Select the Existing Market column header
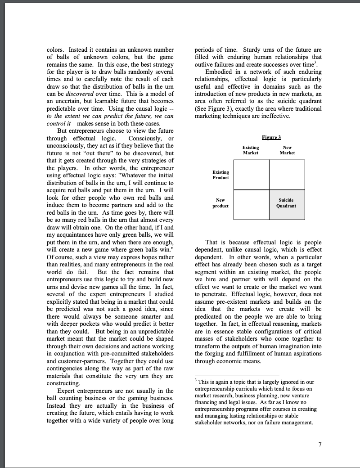[x=251, y=150]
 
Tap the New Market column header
[x=287, y=150]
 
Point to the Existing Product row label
[x=220, y=175]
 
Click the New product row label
[x=220, y=203]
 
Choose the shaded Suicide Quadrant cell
[x=286, y=204]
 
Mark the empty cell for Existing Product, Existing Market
[x=252, y=175]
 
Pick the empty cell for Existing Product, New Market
[x=286, y=175]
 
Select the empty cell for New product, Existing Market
[x=252, y=204]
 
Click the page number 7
[x=320, y=445]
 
